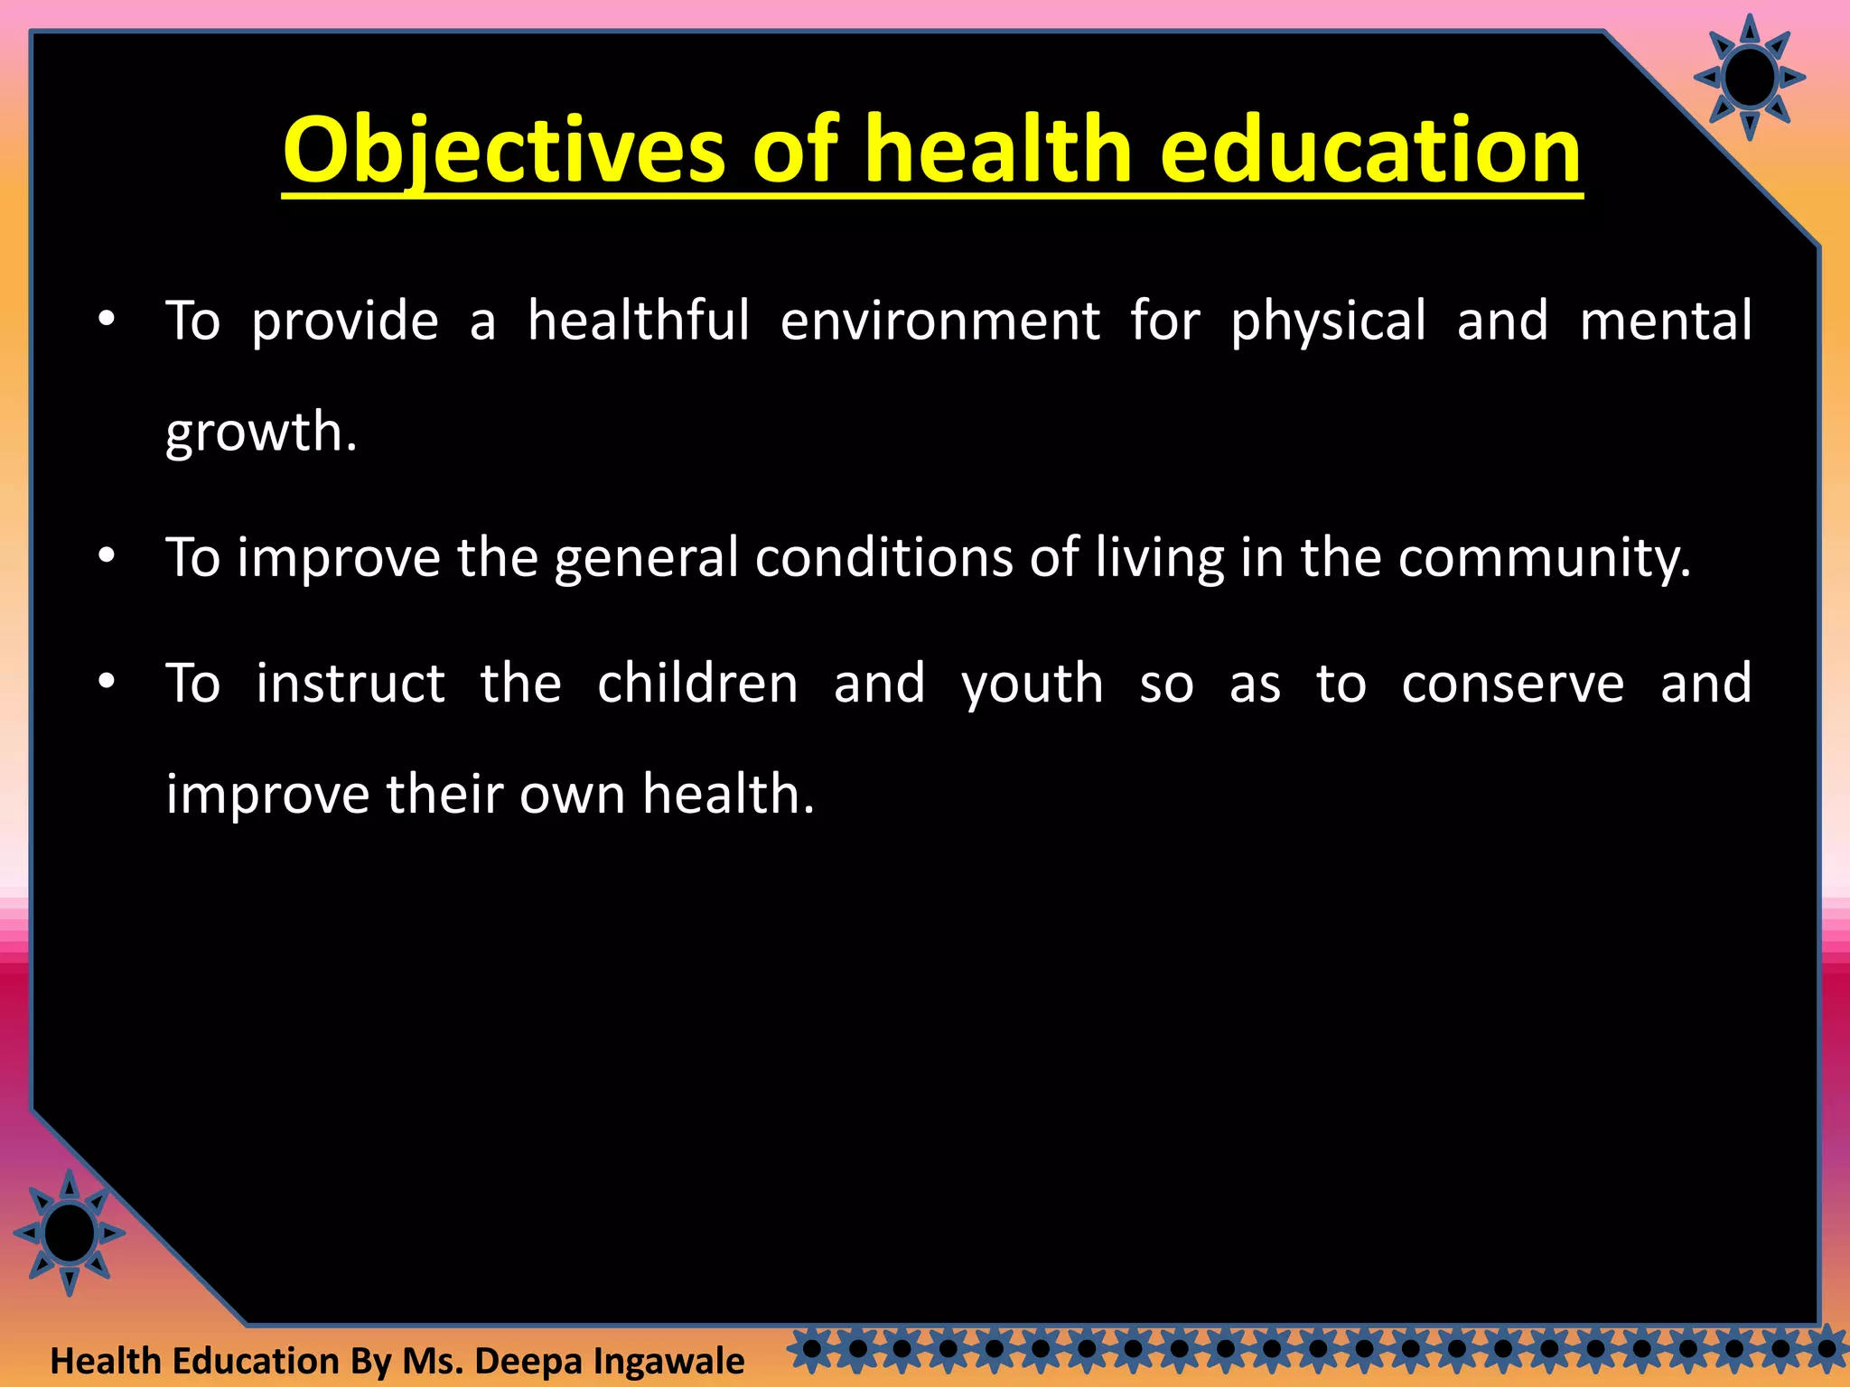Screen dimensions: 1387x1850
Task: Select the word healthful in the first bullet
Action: point(638,321)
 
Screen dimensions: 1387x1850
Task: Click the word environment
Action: point(939,321)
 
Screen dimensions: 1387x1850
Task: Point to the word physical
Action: point(1328,322)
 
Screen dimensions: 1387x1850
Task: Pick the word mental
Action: point(1665,321)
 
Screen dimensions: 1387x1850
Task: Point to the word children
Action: point(697,683)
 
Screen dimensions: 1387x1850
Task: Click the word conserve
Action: point(1512,684)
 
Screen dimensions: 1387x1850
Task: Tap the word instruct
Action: point(350,683)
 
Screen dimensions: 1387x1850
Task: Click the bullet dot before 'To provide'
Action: point(107,320)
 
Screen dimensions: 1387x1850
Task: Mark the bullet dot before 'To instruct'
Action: point(107,681)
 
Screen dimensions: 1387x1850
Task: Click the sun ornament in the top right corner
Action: point(1749,78)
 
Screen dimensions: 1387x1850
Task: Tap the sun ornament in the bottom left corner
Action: point(70,1233)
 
